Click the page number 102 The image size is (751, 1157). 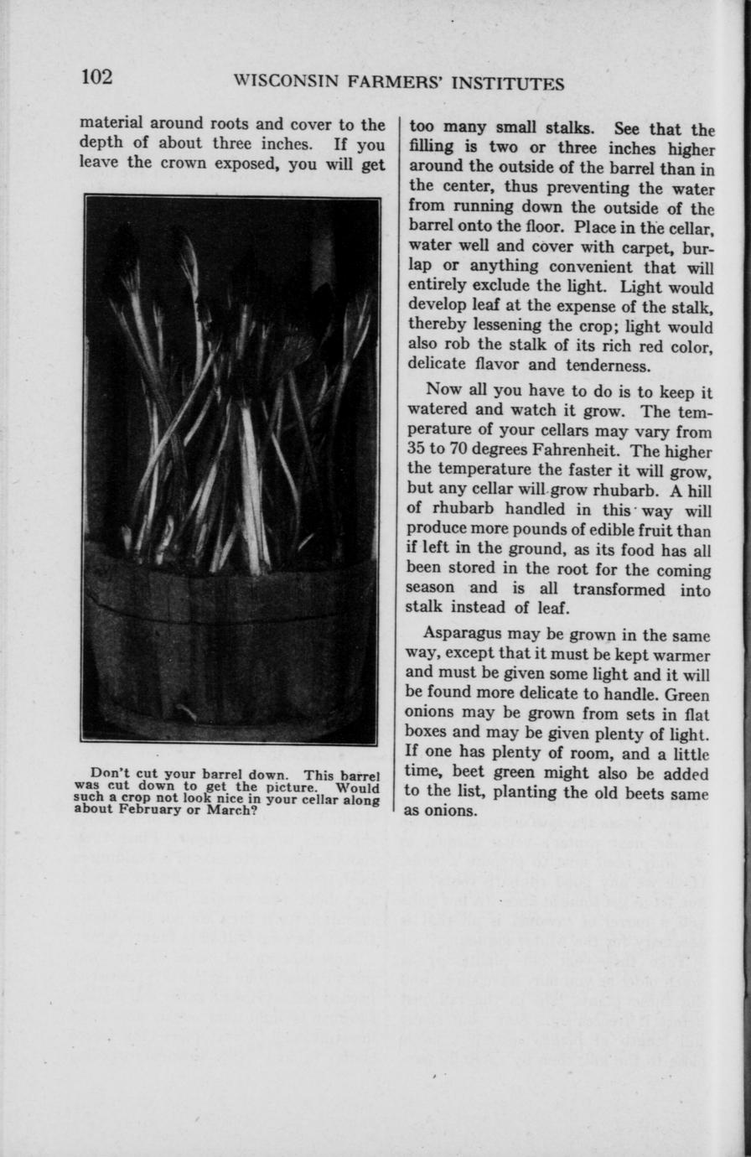(x=96, y=77)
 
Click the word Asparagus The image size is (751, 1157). (x=464, y=635)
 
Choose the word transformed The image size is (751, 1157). (x=610, y=589)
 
